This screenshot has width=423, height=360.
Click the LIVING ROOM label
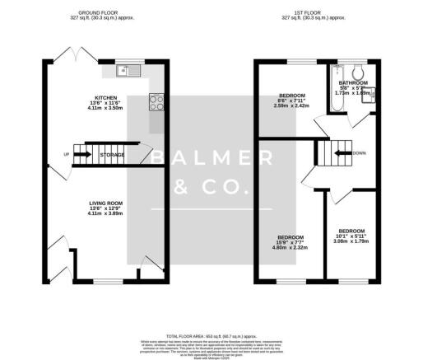click(106, 202)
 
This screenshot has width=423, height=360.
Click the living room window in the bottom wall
click(106, 281)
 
